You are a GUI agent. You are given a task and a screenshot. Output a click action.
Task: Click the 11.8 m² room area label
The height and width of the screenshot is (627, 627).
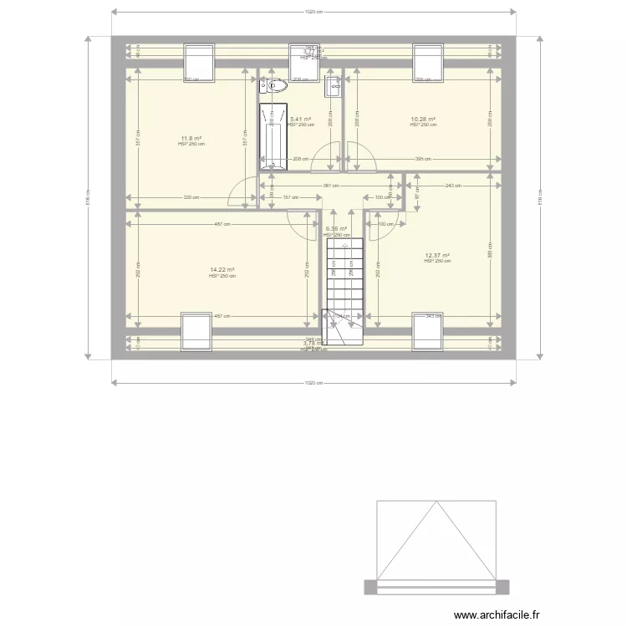[x=191, y=138]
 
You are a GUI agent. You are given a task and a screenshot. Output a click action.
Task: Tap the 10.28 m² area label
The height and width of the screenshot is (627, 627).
[x=424, y=120]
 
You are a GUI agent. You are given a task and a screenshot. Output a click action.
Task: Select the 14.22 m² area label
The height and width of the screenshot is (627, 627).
[x=222, y=270]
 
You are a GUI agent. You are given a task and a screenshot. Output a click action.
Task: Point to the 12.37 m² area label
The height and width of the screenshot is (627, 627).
[x=437, y=256]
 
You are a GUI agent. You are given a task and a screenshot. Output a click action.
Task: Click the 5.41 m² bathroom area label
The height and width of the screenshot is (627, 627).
[x=301, y=120]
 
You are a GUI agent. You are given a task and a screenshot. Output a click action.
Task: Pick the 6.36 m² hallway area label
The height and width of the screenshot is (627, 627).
[x=335, y=229]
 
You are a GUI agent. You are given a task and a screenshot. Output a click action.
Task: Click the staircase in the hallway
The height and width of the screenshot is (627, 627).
[x=342, y=280]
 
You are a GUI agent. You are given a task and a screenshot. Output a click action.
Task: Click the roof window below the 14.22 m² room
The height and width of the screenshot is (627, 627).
[x=196, y=331]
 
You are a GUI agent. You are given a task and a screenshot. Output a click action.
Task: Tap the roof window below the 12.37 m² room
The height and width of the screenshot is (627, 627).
[x=427, y=331]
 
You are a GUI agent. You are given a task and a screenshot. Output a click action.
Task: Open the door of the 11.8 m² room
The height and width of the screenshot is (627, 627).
[x=242, y=191]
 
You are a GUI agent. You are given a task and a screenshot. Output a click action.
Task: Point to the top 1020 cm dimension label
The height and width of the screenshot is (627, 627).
[x=313, y=12]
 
